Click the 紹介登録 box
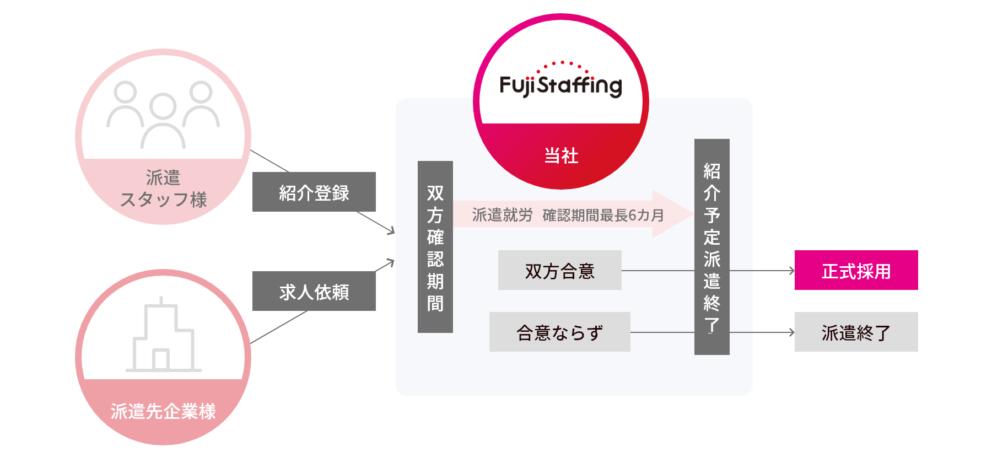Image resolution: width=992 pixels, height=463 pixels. click(314, 192)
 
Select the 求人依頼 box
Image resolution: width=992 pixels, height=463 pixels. click(314, 291)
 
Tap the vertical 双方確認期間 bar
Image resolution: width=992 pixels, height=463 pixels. click(435, 247)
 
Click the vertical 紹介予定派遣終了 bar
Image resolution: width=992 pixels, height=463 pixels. click(711, 247)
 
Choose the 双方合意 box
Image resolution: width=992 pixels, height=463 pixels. click(559, 270)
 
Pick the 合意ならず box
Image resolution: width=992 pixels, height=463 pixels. click(559, 332)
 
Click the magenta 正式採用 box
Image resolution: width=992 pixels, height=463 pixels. click(856, 270)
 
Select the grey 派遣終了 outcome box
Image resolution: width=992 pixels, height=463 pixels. click(856, 332)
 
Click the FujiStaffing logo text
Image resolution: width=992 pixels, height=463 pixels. click(560, 85)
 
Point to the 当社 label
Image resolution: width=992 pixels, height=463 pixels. click(561, 155)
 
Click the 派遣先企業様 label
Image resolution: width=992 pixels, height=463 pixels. click(163, 411)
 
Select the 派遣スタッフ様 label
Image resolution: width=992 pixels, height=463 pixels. click(163, 189)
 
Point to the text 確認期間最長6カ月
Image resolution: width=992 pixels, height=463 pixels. click(603, 215)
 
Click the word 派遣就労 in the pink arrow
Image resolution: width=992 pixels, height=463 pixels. click(502, 215)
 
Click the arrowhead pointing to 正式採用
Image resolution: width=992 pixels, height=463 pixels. click(792, 271)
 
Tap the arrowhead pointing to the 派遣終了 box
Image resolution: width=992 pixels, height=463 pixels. click(792, 332)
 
